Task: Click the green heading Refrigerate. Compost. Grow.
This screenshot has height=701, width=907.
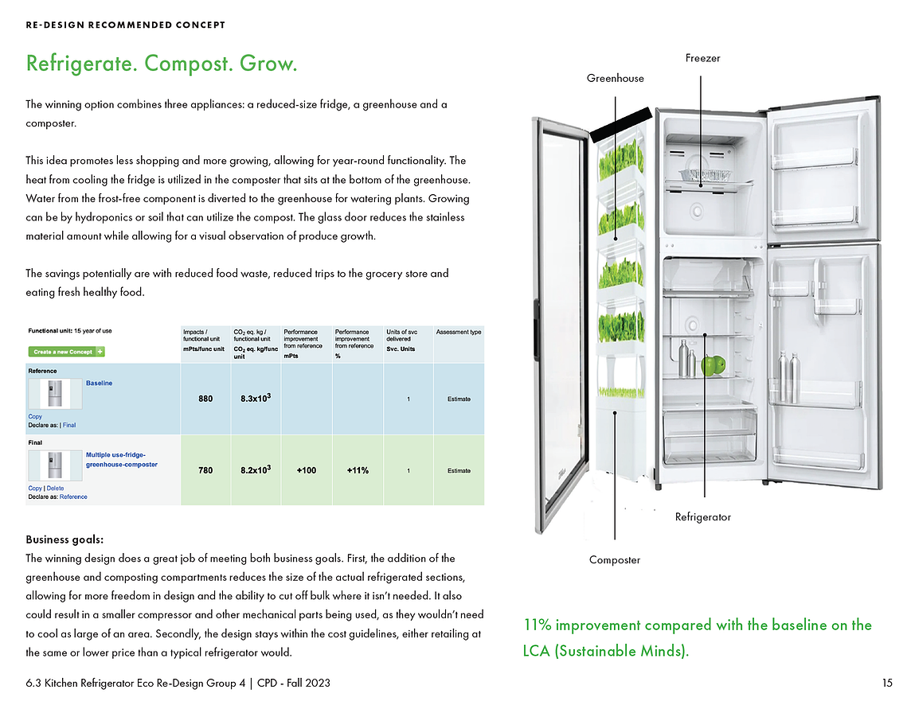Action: point(162,64)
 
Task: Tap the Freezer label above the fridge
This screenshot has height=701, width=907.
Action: point(703,58)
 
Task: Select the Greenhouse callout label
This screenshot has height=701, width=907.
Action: point(615,79)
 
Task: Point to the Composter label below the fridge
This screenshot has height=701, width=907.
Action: point(614,560)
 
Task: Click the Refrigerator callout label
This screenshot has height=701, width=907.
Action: point(703,517)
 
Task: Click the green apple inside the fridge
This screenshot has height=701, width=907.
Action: point(713,364)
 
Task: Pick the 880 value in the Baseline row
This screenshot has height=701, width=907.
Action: point(205,399)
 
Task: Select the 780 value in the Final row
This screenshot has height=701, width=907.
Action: point(205,470)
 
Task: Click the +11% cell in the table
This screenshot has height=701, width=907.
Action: point(358,470)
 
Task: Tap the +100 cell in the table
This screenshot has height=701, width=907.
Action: point(307,470)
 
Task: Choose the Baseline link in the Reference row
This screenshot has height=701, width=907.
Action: point(99,384)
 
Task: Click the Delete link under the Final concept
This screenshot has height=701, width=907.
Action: point(55,489)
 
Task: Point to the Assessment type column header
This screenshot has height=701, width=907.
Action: point(459,333)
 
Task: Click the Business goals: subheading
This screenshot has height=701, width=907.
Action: point(65,539)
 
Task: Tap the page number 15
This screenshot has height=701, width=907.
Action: point(887,683)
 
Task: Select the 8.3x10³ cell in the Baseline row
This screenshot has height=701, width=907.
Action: point(256,398)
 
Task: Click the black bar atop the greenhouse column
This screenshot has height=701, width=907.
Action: point(620,125)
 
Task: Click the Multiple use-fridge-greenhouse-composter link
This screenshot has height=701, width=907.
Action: point(122,459)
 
